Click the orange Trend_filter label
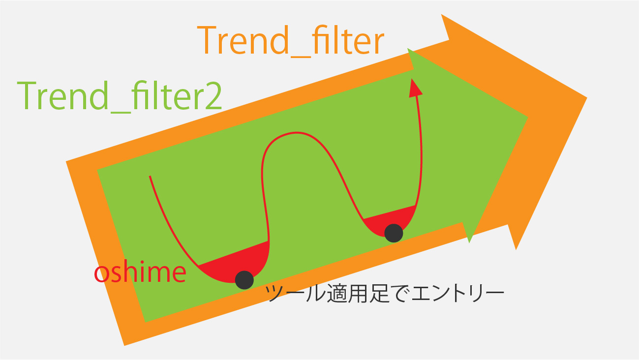click(x=290, y=41)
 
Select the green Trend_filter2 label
click(x=120, y=96)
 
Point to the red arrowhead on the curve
click(x=415, y=89)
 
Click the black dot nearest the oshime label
click(x=244, y=280)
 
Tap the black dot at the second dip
click(x=394, y=233)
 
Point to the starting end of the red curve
click(x=150, y=176)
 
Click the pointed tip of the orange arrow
click(x=587, y=98)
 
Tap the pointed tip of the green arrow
click(x=528, y=117)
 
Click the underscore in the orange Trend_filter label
click(x=300, y=57)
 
